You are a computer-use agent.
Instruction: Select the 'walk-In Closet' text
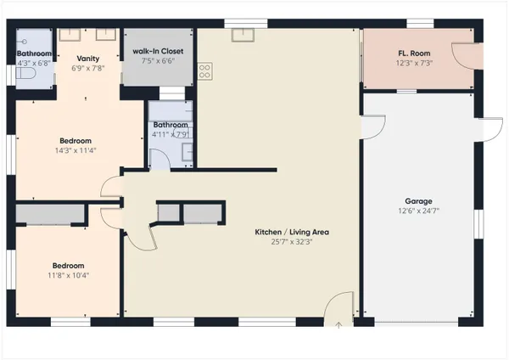(158, 52)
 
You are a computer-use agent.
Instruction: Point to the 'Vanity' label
(87, 59)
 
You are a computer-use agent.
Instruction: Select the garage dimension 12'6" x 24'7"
(418, 211)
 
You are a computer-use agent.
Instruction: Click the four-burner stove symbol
(204, 71)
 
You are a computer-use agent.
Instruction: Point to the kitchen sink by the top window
(243, 35)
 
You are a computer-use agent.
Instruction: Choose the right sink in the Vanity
(105, 36)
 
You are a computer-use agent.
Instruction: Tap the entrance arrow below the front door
(338, 323)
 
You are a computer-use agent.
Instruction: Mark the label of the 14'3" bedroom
(76, 141)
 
